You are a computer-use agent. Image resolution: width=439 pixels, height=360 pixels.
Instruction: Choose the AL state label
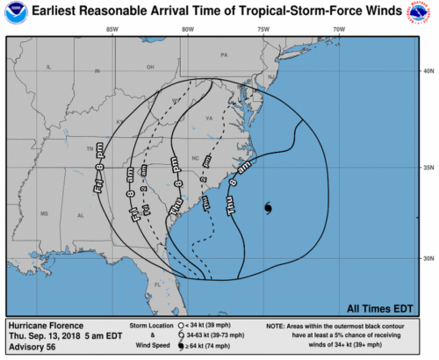click(81, 215)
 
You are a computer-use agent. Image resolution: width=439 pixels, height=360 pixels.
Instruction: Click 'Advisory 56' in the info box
click(32, 346)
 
